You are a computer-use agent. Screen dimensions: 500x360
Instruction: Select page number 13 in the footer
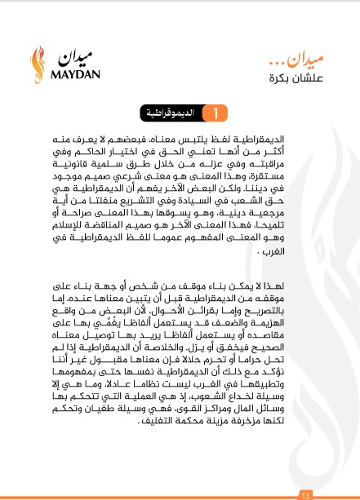coord(306,494)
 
